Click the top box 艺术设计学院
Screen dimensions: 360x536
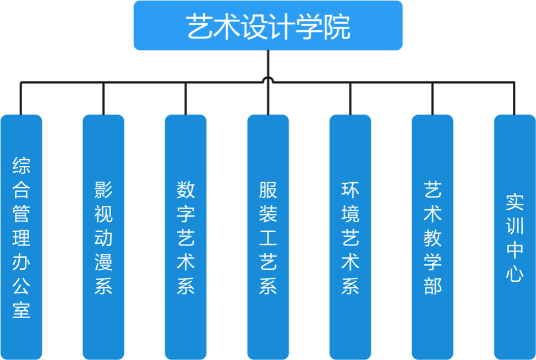point(268,25)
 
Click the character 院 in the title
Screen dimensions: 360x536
point(337,27)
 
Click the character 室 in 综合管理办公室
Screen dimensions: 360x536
point(21,309)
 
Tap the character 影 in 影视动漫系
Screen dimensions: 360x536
point(103,190)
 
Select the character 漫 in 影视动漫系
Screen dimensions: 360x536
point(103,262)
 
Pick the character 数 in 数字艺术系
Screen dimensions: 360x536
point(185,190)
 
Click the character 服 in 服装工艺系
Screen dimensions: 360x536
point(268,190)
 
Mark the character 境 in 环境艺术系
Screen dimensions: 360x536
point(350,214)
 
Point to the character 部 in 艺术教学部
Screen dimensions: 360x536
point(433,286)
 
